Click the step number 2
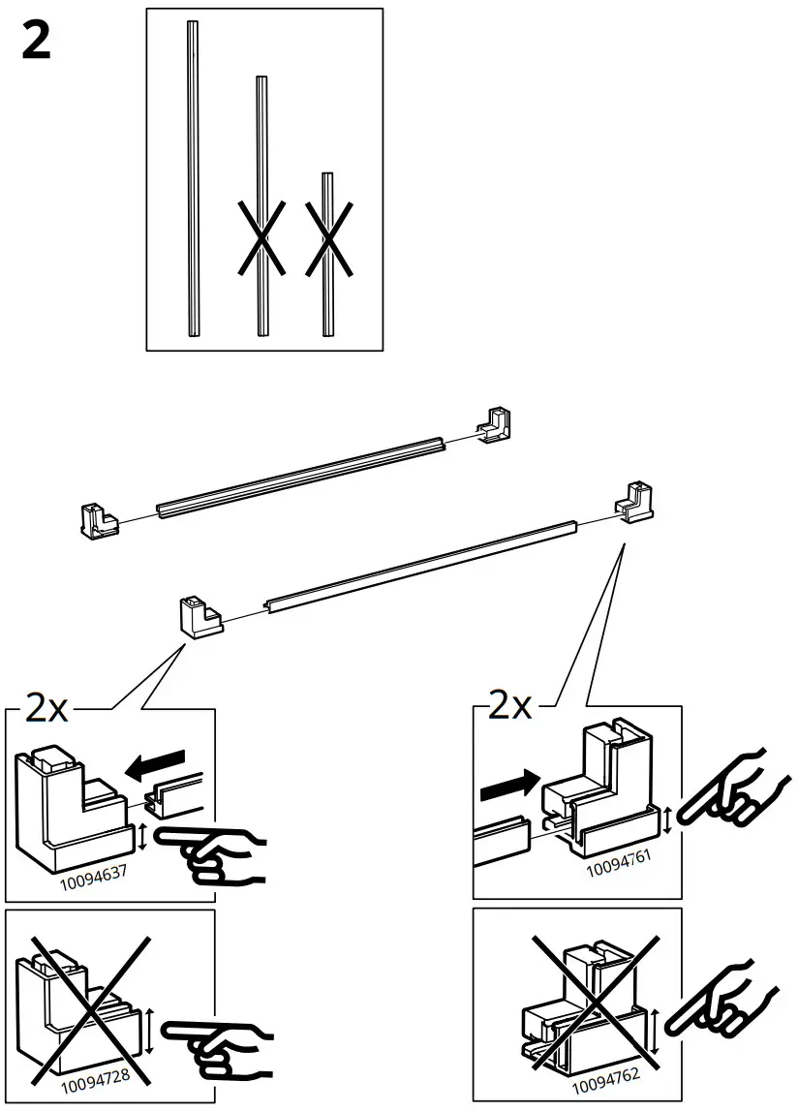click(x=36, y=42)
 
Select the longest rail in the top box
click(x=193, y=179)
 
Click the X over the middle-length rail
click(x=261, y=236)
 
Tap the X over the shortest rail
click(x=328, y=236)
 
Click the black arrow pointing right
click(x=507, y=783)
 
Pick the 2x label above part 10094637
click(x=46, y=710)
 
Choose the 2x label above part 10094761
click(x=510, y=706)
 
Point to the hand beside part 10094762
click(x=728, y=998)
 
